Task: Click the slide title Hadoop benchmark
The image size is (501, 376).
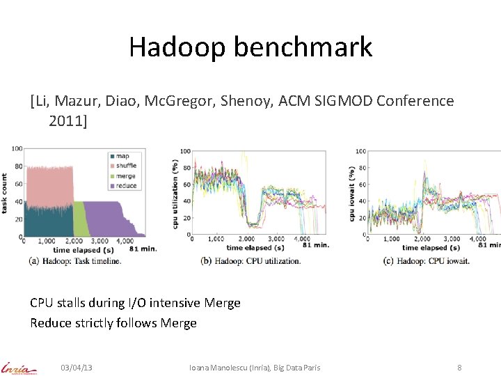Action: pos(250,47)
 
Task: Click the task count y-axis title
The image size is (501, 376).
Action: pos(6,193)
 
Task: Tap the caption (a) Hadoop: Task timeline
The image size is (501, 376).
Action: pos(74,260)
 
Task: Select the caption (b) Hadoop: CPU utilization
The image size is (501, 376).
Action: pos(250,261)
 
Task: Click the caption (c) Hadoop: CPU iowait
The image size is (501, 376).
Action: pos(426,261)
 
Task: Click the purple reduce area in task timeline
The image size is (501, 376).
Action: pos(104,219)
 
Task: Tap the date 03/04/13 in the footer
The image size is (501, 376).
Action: pos(77,367)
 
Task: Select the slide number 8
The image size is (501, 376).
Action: pos(459,367)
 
